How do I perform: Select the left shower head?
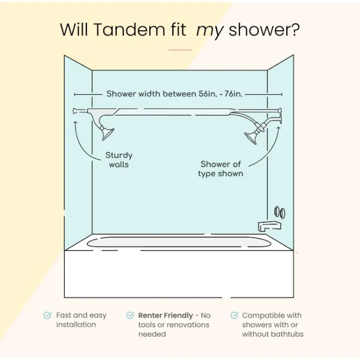(107, 133)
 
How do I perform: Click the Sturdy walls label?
(119, 159)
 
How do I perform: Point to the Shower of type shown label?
(221, 169)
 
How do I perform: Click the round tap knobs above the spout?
(279, 212)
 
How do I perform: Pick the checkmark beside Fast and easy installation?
(48, 315)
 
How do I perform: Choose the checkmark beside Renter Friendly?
(130, 315)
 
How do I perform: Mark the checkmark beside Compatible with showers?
(235, 315)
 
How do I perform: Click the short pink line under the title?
(180, 50)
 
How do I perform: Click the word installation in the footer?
(76, 325)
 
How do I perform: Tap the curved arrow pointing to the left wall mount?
(82, 139)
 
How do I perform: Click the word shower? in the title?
(264, 30)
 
